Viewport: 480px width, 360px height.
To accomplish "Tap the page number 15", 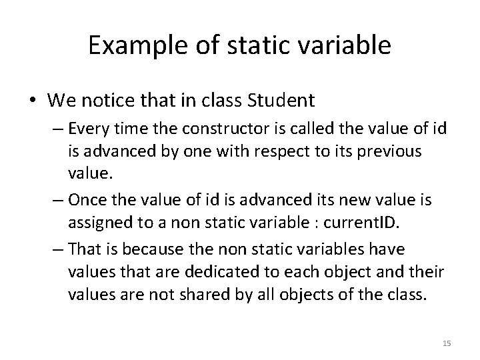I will pyautogui.click(x=447, y=343).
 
